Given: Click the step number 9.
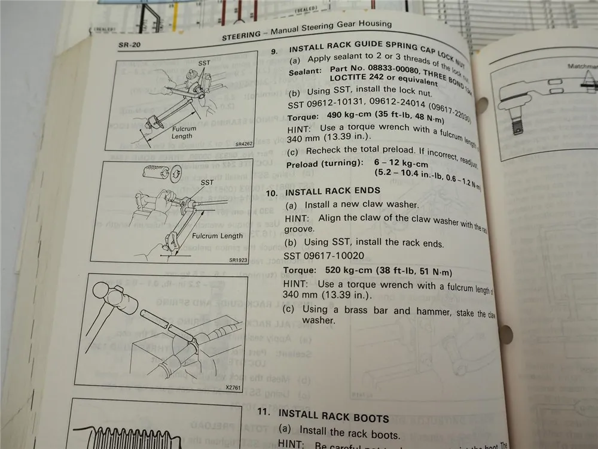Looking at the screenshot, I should click(x=273, y=51).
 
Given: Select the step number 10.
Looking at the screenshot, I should click(x=272, y=192).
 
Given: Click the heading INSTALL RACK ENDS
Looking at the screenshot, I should click(x=332, y=192).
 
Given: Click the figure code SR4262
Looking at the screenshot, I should click(x=245, y=144).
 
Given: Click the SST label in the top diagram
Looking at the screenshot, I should click(x=204, y=63).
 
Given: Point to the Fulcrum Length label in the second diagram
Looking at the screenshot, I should click(x=218, y=236).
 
